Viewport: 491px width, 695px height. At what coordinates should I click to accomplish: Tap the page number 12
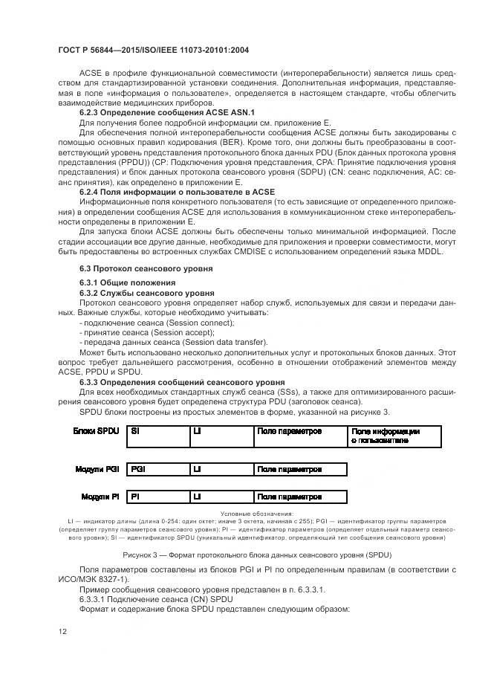point(62,631)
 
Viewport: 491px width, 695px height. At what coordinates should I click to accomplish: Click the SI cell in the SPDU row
point(134,430)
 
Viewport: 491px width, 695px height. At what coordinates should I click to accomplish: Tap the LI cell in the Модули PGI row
point(197,469)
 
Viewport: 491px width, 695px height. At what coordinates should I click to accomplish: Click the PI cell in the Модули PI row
point(134,496)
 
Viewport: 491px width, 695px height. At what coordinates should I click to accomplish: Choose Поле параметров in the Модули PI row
point(289,496)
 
